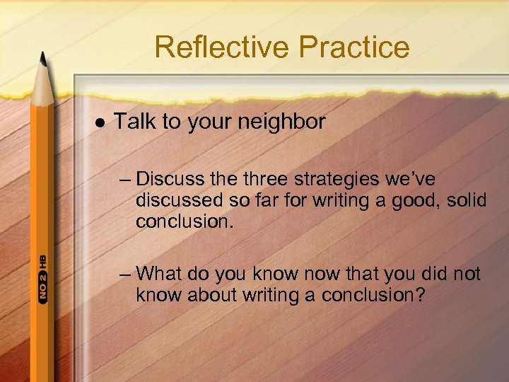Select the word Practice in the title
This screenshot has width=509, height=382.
(x=354, y=47)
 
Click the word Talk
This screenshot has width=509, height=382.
(x=136, y=122)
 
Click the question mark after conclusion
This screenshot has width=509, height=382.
(x=419, y=295)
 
